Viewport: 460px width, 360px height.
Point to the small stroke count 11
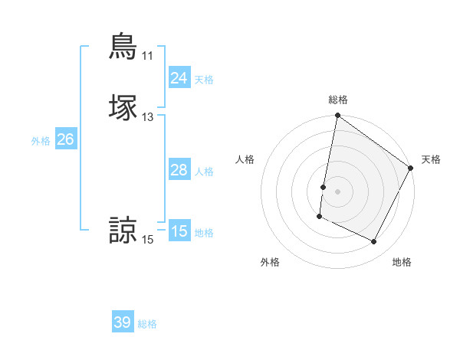click(x=147, y=56)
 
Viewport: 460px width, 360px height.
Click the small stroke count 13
click(x=147, y=117)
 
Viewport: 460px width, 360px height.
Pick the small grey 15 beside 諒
click(x=147, y=241)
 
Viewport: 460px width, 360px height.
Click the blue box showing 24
click(x=179, y=77)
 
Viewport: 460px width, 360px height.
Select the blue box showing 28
click(x=179, y=170)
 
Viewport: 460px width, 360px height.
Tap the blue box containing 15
click(x=179, y=231)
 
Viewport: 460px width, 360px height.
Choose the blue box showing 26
click(x=66, y=139)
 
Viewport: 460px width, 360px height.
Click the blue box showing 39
click(x=122, y=322)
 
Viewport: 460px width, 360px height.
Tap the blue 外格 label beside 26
click(x=41, y=141)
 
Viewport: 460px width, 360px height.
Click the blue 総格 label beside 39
click(x=147, y=324)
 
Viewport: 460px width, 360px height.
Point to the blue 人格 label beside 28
click(x=204, y=172)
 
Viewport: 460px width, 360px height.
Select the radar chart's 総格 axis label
click(x=337, y=100)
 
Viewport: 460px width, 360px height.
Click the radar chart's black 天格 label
click(x=431, y=159)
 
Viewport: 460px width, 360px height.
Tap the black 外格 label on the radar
click(x=270, y=262)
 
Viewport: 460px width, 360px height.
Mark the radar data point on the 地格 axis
click(x=374, y=242)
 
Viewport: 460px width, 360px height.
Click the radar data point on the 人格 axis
click(x=324, y=187)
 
